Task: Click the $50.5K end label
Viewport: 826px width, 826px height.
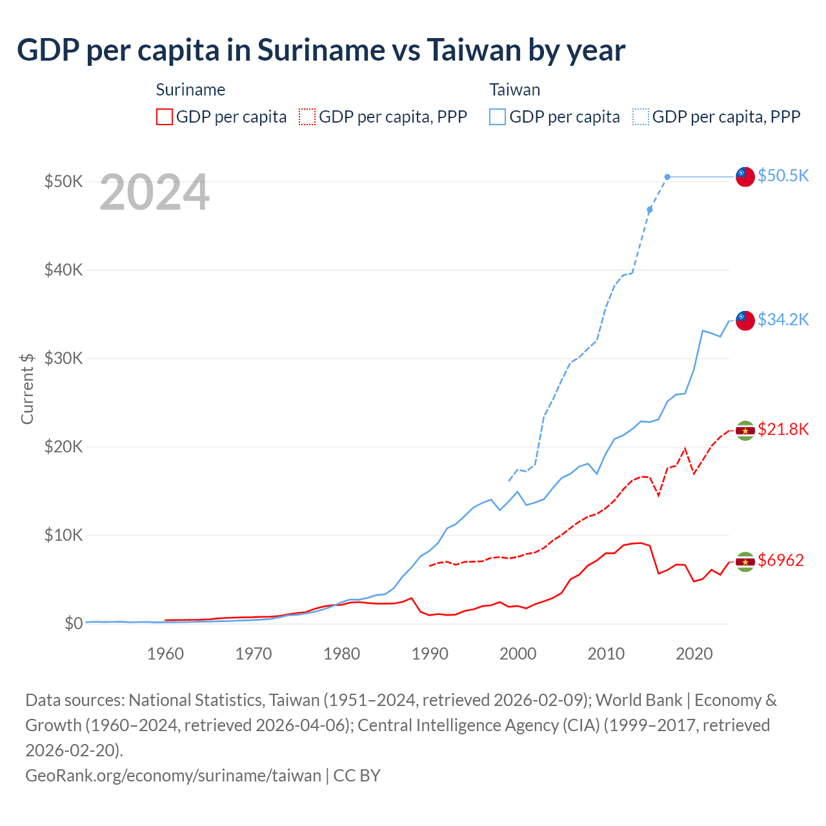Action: tap(783, 176)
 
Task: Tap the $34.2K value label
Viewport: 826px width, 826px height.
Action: tap(783, 319)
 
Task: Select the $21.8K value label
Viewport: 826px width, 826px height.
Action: tap(783, 430)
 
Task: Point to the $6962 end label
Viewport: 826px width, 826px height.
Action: tap(781, 560)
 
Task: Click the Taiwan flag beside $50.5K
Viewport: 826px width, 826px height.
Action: tap(745, 176)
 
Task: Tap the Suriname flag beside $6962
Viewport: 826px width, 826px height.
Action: tap(745, 561)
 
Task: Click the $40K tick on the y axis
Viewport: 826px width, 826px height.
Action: tap(64, 270)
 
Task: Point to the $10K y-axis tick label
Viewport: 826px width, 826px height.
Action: tap(64, 535)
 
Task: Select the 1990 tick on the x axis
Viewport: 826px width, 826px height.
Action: tap(430, 654)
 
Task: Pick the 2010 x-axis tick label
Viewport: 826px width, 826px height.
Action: tap(606, 654)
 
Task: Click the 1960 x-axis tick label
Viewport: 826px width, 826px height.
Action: tap(165, 654)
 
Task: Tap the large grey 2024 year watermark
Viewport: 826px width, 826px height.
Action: tap(155, 192)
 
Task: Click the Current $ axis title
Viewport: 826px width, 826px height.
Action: tap(27, 388)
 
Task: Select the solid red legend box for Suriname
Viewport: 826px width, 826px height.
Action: tap(165, 117)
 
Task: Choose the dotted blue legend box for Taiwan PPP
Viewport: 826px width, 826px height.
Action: tap(641, 117)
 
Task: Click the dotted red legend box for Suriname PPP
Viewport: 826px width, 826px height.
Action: tap(307, 117)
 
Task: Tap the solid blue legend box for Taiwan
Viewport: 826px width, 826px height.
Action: tap(498, 117)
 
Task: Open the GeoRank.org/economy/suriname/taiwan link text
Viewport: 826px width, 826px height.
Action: tap(173, 775)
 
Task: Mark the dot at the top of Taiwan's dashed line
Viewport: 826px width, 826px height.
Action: tap(667, 177)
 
